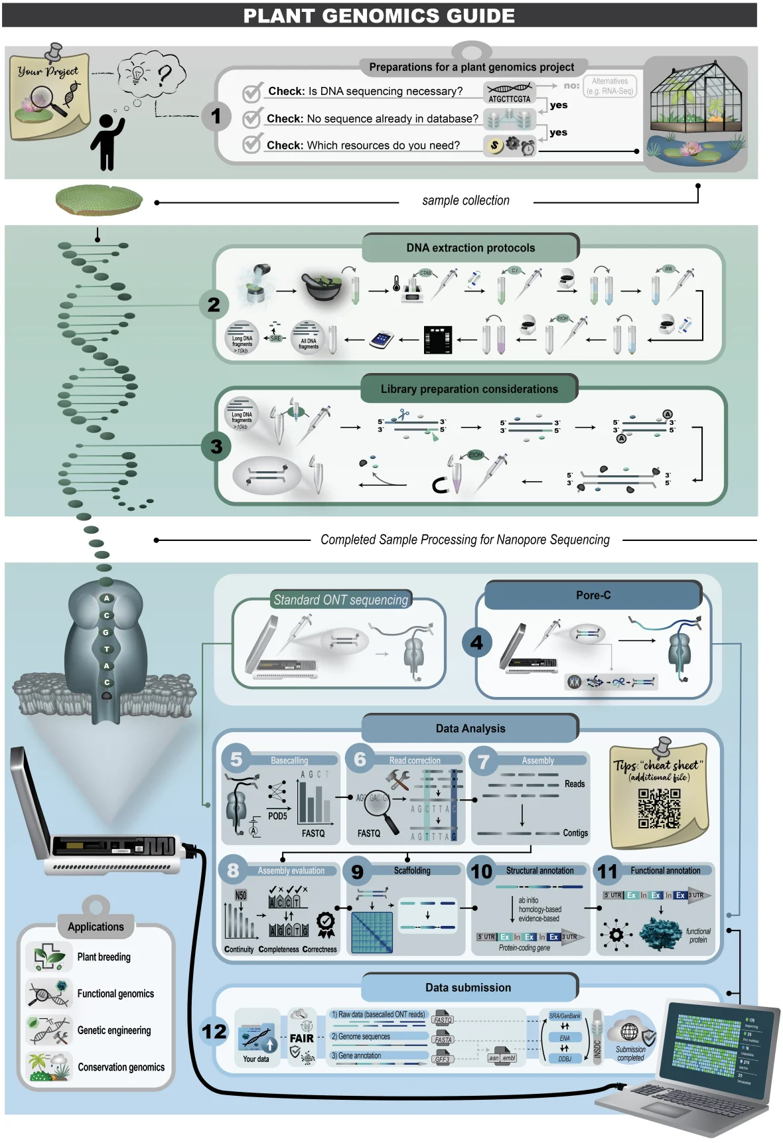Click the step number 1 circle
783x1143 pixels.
pos(216,116)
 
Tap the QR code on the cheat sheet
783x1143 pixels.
pos(659,808)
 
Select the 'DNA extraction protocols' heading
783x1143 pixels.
pos(470,248)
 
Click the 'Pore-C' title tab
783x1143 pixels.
pos(593,595)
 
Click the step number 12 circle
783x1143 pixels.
pos(214,1031)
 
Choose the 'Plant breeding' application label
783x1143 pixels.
pos(104,956)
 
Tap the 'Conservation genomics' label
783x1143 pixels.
pos(121,1067)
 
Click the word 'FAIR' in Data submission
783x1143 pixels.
pos(302,1038)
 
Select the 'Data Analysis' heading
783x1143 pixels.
pos(470,728)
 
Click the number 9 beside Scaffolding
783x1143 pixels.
pos(357,872)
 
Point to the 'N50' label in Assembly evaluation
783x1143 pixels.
pos(240,895)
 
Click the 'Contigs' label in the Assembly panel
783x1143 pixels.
pos(575,832)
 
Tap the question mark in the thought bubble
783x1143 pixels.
pos(164,75)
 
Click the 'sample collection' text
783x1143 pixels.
pos(466,200)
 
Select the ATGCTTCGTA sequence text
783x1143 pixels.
pos(509,99)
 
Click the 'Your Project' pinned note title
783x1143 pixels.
pos(48,71)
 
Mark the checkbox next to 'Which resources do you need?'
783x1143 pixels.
pos(251,144)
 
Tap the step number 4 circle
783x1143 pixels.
pos(476,643)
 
